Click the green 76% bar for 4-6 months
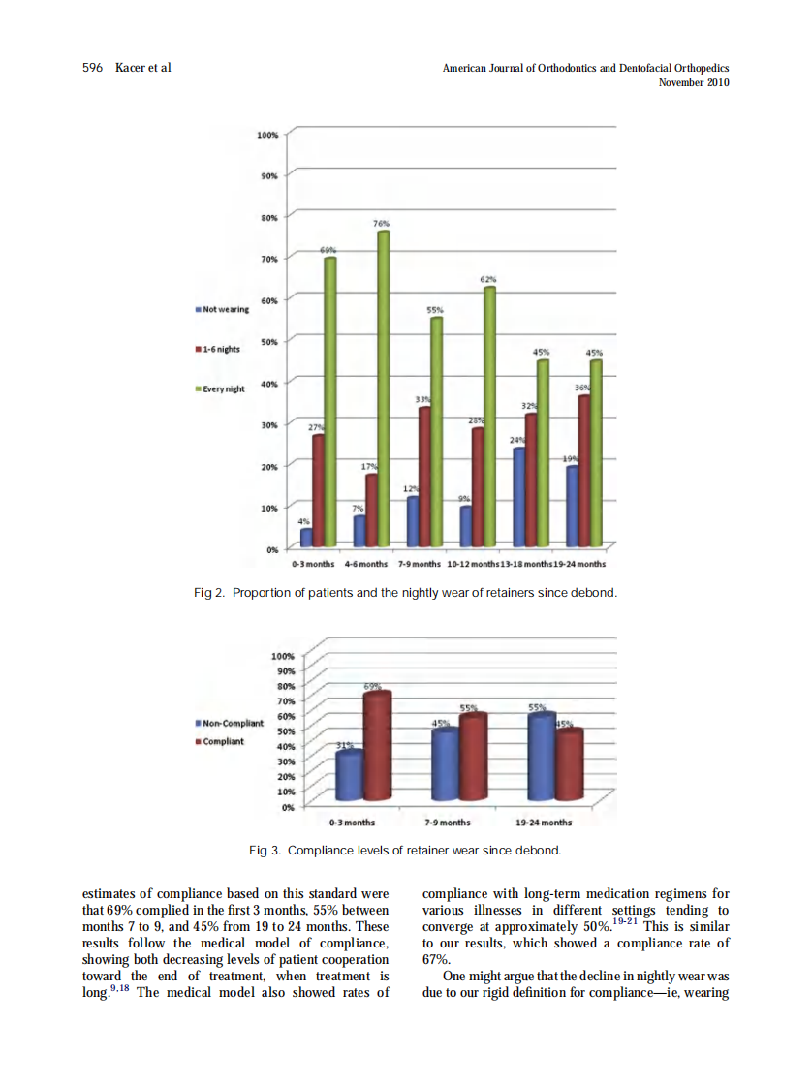tap(383, 388)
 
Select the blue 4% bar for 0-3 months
tap(306, 537)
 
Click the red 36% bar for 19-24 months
tap(583, 470)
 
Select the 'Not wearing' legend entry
tap(223, 309)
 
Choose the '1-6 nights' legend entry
tap(219, 349)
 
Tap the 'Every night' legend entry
tap(222, 388)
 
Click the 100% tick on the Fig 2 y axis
tap(267, 135)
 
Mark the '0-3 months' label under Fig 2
tap(313, 564)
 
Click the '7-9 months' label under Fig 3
tap(448, 823)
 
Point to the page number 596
tap(93, 68)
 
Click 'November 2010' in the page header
tap(693, 82)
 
